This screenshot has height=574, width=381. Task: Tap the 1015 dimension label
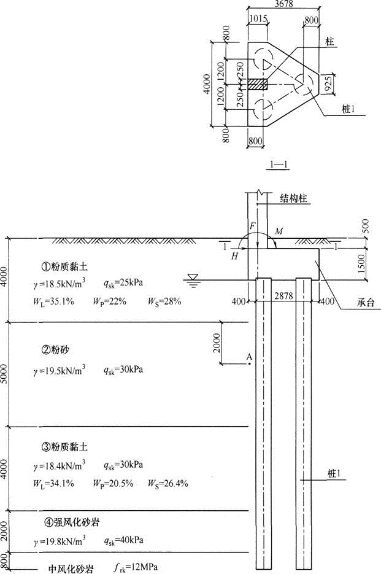coord(258,18)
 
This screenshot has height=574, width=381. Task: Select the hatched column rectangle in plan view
coord(258,84)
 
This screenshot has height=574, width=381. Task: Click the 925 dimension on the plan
coord(329,84)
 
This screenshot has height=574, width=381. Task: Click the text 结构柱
coord(293,198)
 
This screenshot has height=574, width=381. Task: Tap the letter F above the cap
coord(253,226)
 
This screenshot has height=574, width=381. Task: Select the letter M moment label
coord(279,231)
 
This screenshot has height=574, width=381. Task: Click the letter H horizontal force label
coord(234,256)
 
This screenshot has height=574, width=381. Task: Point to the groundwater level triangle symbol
coord(193,277)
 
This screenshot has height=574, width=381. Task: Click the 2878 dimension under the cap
coord(283,295)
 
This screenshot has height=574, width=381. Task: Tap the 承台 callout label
coord(366,302)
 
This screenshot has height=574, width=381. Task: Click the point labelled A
coord(249,364)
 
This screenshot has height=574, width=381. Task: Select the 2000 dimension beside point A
coord(217,343)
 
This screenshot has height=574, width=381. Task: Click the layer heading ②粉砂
coord(55,350)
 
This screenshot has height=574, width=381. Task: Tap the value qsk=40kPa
coord(123,540)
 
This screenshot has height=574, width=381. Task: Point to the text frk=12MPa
coord(136,568)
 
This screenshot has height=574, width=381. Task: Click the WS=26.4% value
coord(168,484)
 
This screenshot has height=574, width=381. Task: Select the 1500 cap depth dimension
coord(361,263)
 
